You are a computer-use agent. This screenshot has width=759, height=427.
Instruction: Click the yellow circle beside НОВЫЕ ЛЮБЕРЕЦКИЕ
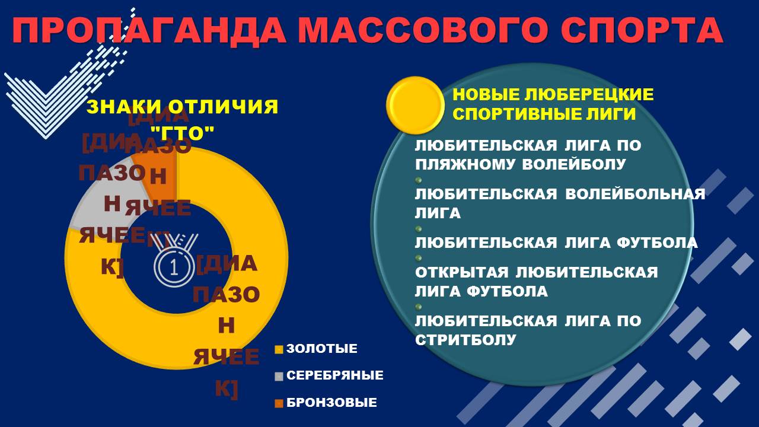(415, 105)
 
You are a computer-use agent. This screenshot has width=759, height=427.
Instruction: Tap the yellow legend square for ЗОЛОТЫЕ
(279, 349)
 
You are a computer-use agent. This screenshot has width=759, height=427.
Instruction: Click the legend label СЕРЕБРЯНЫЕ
(335, 375)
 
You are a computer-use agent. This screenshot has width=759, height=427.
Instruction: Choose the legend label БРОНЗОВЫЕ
(331, 402)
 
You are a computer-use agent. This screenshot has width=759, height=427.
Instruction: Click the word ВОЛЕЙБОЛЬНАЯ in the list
(635, 194)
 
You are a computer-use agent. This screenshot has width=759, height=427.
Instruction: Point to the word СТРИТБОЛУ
(465, 340)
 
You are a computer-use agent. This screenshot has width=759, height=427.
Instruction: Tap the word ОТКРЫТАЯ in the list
(462, 272)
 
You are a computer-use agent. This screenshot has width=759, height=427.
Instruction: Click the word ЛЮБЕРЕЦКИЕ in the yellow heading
(589, 94)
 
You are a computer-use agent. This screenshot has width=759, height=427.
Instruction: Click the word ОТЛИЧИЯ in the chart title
(223, 106)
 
